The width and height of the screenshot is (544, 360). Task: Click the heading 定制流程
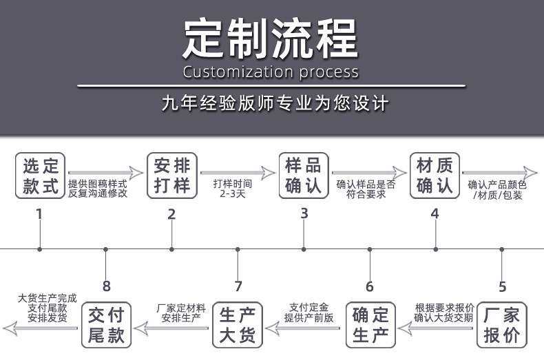(x=271, y=39)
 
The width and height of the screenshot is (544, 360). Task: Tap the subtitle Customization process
(x=271, y=72)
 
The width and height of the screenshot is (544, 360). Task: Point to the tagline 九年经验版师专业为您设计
(x=275, y=104)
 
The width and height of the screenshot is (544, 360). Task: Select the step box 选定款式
(x=41, y=176)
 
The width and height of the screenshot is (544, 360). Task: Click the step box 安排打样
(x=172, y=176)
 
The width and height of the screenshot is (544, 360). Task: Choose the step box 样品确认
(x=304, y=176)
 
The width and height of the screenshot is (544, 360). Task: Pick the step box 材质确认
(x=435, y=176)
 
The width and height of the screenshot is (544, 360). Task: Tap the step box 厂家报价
(x=502, y=326)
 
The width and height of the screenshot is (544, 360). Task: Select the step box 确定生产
(x=370, y=326)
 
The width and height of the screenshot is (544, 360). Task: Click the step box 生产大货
(x=238, y=326)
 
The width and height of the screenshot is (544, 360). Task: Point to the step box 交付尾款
(x=106, y=326)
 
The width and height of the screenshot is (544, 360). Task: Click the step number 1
(x=39, y=214)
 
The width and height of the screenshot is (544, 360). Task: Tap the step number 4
(x=435, y=214)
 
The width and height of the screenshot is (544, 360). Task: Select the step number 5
(x=502, y=287)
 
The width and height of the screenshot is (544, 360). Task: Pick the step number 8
(x=106, y=287)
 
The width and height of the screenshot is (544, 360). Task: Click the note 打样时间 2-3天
(x=233, y=189)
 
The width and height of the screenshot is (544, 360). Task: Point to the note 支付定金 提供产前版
(x=309, y=313)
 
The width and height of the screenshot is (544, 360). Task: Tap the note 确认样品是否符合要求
(x=366, y=189)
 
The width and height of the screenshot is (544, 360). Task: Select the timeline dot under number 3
(x=304, y=248)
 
